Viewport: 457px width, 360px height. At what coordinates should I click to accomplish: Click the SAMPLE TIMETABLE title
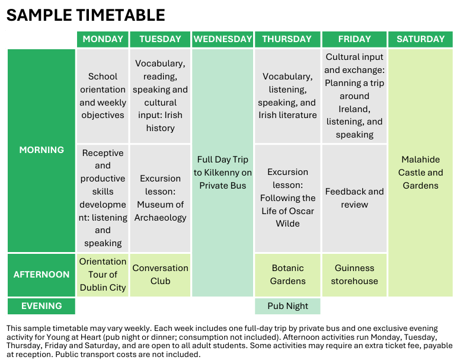pyautogui.click(x=85, y=15)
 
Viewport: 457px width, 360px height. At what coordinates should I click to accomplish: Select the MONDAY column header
pyautogui.click(x=103, y=39)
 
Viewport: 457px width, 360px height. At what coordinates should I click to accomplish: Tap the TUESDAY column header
pyautogui.click(x=160, y=39)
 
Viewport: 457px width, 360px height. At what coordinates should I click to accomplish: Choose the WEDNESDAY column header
pyautogui.click(x=223, y=39)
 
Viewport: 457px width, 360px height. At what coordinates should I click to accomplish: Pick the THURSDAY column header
pyautogui.click(x=287, y=39)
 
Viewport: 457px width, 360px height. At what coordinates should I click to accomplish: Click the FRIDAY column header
pyautogui.click(x=354, y=39)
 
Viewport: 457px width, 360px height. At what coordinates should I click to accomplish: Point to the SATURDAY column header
pyautogui.click(x=420, y=39)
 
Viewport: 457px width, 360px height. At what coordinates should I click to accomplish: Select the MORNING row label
pyautogui.click(x=41, y=150)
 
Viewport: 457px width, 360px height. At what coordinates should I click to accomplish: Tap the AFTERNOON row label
pyautogui.click(x=41, y=275)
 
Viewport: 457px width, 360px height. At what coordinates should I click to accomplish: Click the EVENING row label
pyautogui.click(x=41, y=306)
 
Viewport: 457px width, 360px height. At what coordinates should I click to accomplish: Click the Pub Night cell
pyautogui.click(x=287, y=306)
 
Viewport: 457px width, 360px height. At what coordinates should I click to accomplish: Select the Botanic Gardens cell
pyautogui.click(x=287, y=275)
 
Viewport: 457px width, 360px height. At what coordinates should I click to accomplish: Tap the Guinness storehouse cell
pyautogui.click(x=354, y=275)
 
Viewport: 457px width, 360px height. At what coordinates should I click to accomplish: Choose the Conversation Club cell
pyautogui.click(x=160, y=275)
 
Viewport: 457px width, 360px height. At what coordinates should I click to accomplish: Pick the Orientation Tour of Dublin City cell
pyautogui.click(x=103, y=275)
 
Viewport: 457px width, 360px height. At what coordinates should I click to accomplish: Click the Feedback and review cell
pyautogui.click(x=354, y=198)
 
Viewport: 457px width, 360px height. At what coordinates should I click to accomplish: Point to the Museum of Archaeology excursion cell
pyautogui.click(x=160, y=198)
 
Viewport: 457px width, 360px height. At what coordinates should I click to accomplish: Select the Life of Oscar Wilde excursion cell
pyautogui.click(x=287, y=198)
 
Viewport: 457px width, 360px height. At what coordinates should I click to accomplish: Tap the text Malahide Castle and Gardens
pyautogui.click(x=420, y=173)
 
